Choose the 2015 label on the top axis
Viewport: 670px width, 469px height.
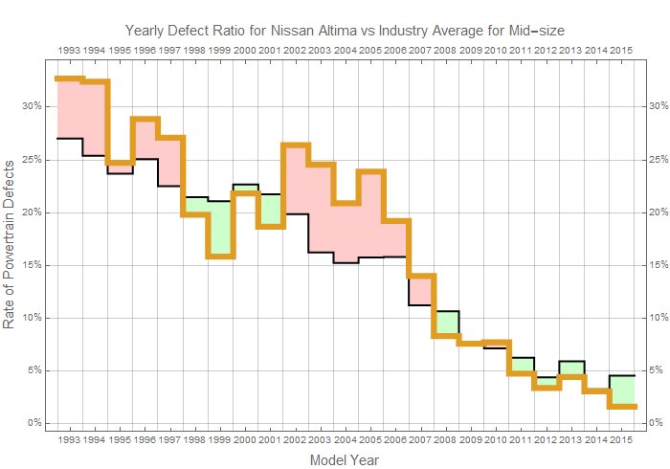pyautogui.click(x=620, y=49)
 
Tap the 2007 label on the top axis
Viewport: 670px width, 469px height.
pyautogui.click(x=420, y=49)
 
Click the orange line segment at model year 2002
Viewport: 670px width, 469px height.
pyautogui.click(x=295, y=145)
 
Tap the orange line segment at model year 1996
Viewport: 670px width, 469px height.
pyautogui.click(x=145, y=120)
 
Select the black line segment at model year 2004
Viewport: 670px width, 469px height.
pyautogui.click(x=345, y=262)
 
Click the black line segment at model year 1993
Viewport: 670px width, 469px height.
pyautogui.click(x=69, y=139)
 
